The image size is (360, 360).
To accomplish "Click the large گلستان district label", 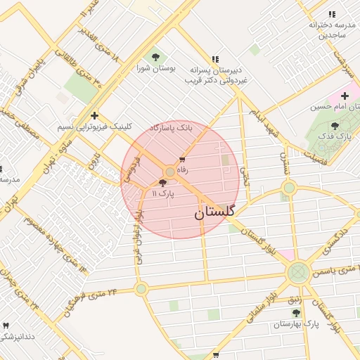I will tap(214, 211).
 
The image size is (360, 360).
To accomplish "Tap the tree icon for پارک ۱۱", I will tap(163, 183).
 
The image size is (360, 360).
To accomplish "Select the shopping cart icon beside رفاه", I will tap(183, 159).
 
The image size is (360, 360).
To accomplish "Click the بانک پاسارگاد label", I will tap(171, 128).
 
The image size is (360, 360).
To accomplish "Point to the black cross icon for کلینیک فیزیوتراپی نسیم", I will tap(94, 116).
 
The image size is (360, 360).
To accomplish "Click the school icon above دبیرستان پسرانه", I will tap(215, 59).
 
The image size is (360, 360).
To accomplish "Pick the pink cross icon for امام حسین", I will tap(345, 95).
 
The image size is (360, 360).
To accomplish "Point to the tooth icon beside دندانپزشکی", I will tap(7, 326).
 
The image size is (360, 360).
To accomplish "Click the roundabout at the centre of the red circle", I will tap(169, 172).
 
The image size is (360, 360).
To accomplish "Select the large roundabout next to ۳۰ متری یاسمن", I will tap(297, 271).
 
